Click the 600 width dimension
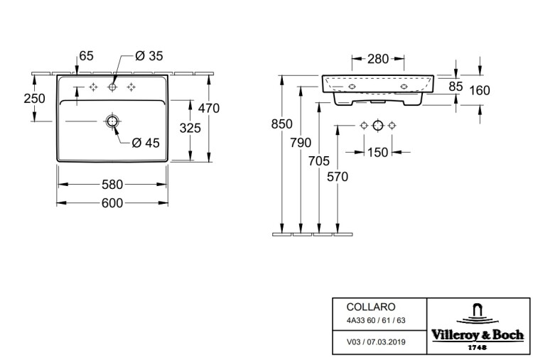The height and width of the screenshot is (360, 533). pyautogui.click(x=112, y=203)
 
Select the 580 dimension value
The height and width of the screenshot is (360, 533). pyautogui.click(x=112, y=185)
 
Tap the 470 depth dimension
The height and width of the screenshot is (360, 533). pyautogui.click(x=209, y=109)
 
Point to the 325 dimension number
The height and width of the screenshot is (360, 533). pyautogui.click(x=190, y=128)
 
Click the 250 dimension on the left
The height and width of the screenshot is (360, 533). pyautogui.click(x=34, y=99)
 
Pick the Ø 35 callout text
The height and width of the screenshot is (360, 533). pyautogui.click(x=149, y=56)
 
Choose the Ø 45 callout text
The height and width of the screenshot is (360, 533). pyautogui.click(x=146, y=143)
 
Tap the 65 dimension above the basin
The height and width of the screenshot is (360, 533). pyautogui.click(x=86, y=55)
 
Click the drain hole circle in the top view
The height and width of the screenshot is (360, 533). pyautogui.click(x=112, y=121)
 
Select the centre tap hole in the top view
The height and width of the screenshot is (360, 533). pyautogui.click(x=112, y=87)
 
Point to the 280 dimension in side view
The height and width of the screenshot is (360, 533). pyautogui.click(x=377, y=59)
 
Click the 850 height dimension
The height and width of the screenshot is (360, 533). pyautogui.click(x=282, y=124)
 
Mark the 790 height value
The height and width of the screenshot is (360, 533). pyautogui.click(x=301, y=143)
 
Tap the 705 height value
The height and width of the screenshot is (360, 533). pyautogui.click(x=319, y=161)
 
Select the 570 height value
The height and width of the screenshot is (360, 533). pyautogui.click(x=338, y=177)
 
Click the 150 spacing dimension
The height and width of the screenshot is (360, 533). pyautogui.click(x=377, y=153)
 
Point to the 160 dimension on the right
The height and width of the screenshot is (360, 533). pyautogui.click(x=479, y=90)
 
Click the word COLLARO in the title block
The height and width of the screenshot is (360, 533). pyautogui.click(x=371, y=307)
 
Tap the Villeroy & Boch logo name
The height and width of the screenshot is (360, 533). pyautogui.click(x=478, y=335)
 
